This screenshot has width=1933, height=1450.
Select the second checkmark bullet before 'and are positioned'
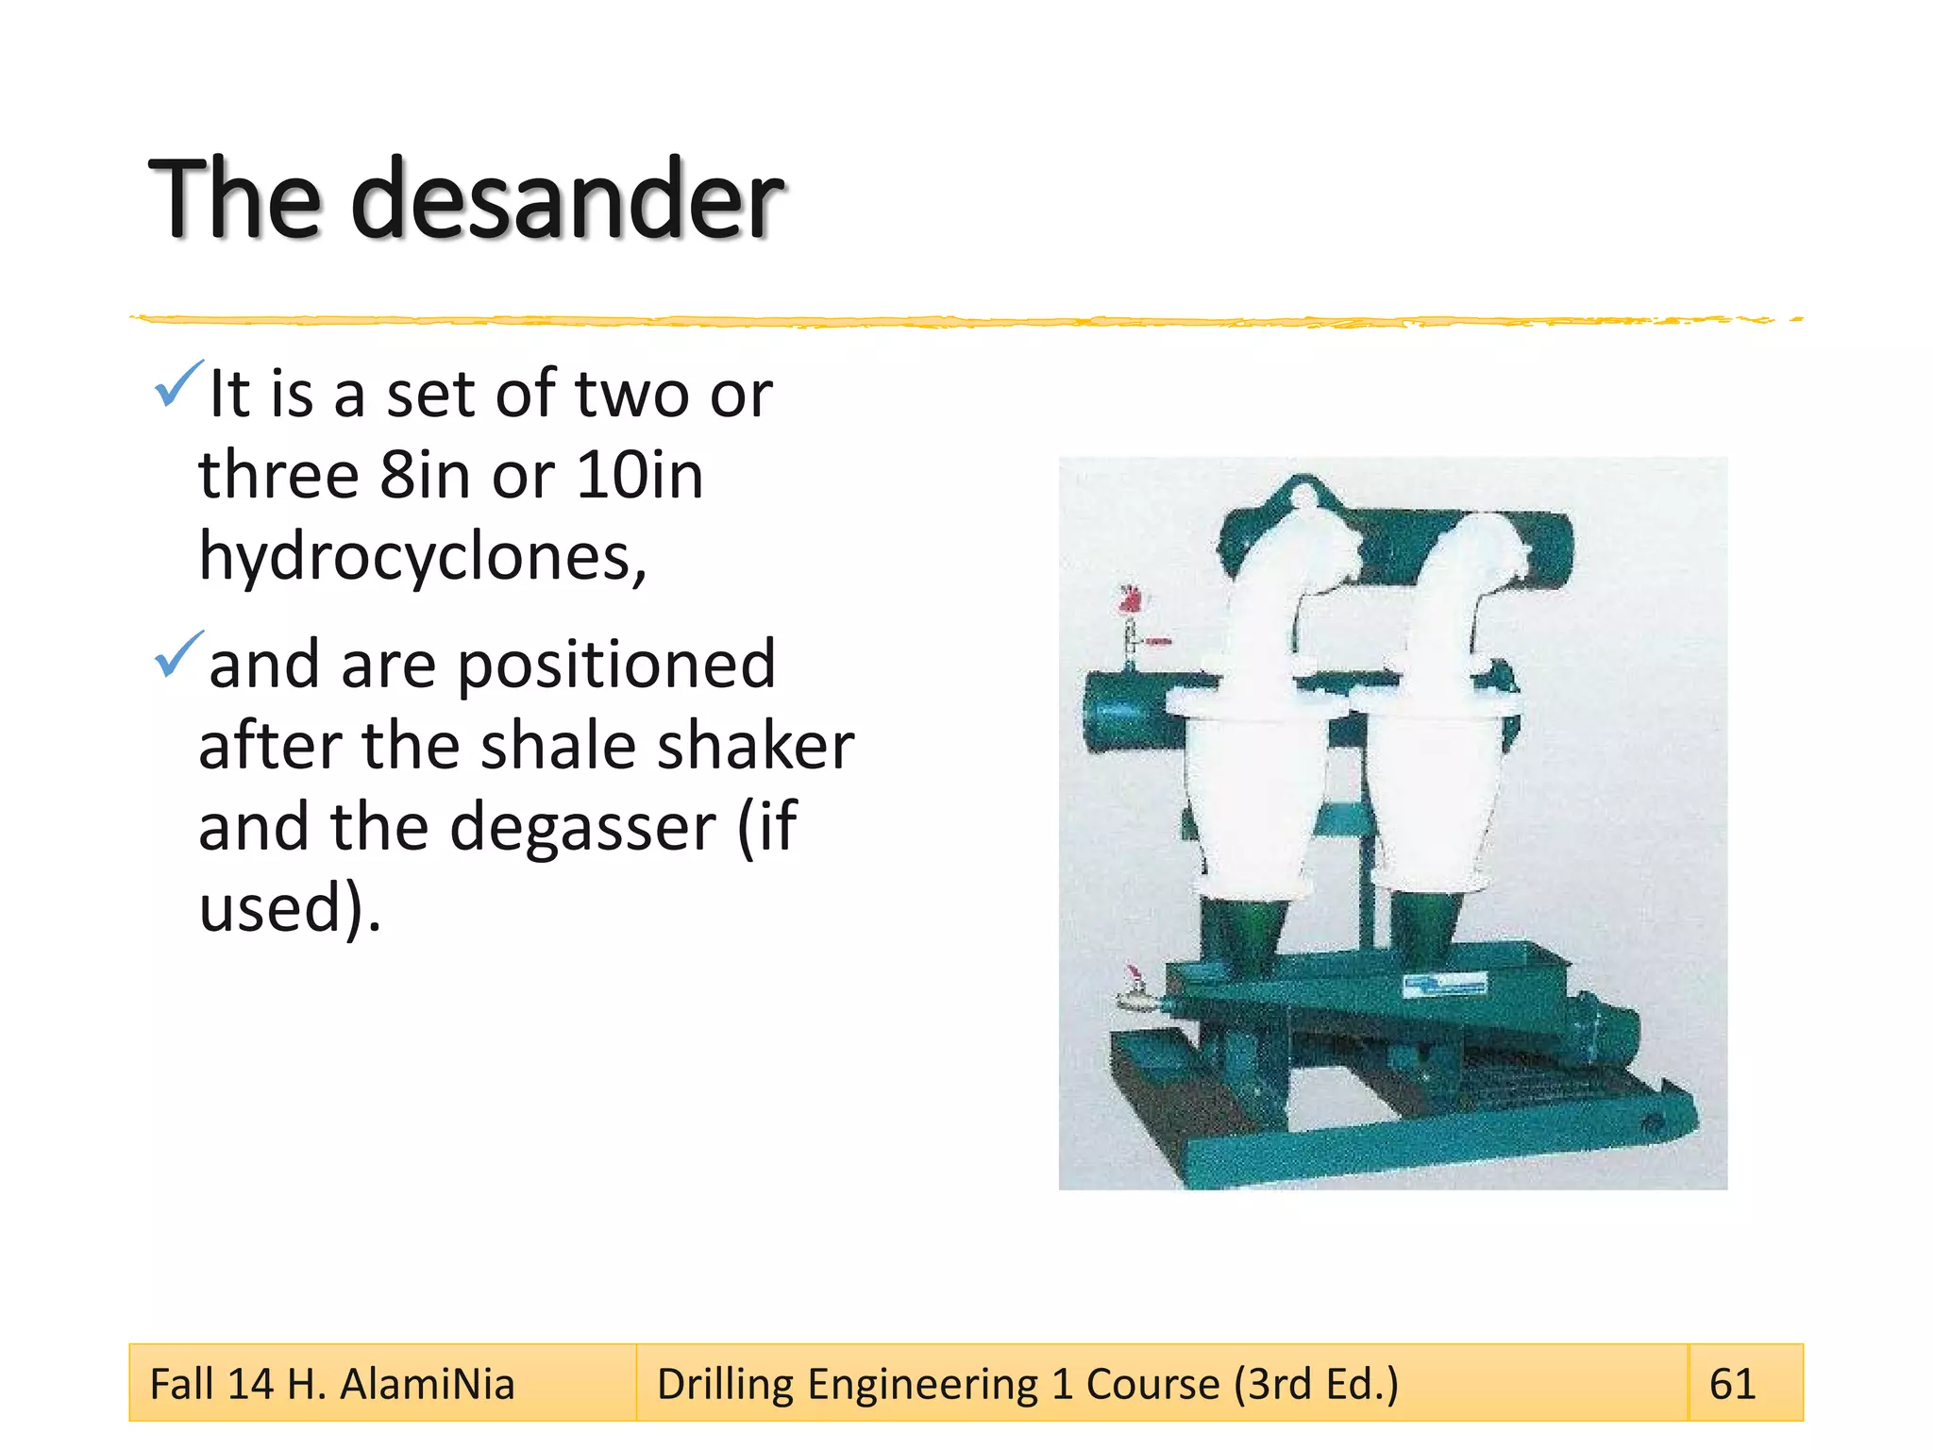click(178, 654)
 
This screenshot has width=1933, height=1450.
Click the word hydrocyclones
click(422, 557)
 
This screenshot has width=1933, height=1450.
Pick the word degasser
click(582, 828)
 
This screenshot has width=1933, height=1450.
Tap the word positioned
click(616, 666)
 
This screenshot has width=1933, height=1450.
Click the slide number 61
click(1732, 1384)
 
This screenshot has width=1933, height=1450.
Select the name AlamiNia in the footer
click(427, 1384)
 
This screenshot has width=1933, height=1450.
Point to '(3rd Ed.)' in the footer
click(1316, 1384)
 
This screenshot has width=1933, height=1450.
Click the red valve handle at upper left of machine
click(1130, 599)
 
